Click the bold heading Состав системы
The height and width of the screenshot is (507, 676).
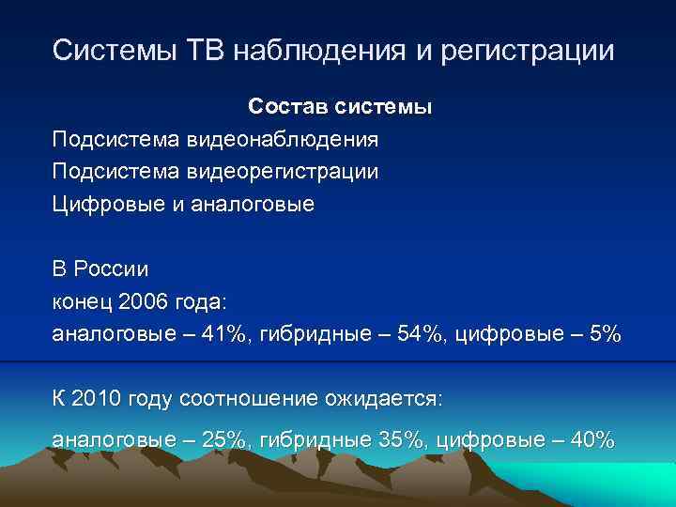point(340,107)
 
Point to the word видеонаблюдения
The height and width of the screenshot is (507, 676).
point(283,140)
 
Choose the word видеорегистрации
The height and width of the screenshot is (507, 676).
point(283,172)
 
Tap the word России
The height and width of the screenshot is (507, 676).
point(111,269)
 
